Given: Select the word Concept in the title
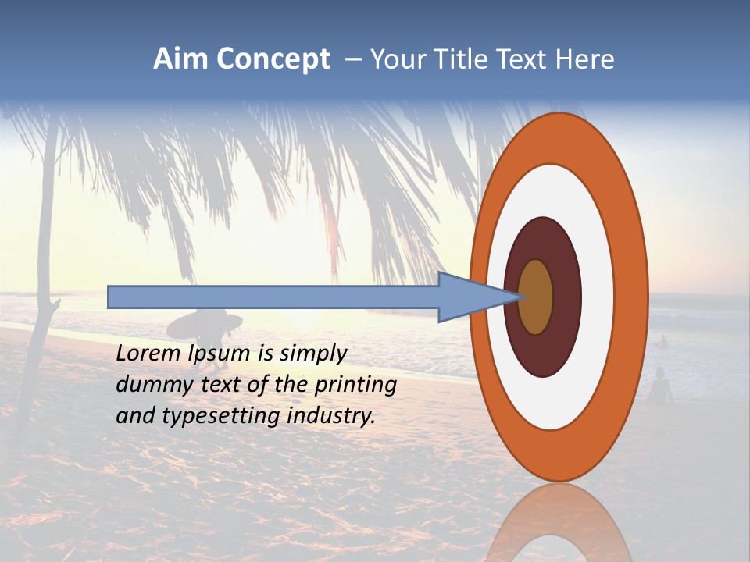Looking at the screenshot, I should [272, 59].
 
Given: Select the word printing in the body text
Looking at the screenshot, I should [355, 386].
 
